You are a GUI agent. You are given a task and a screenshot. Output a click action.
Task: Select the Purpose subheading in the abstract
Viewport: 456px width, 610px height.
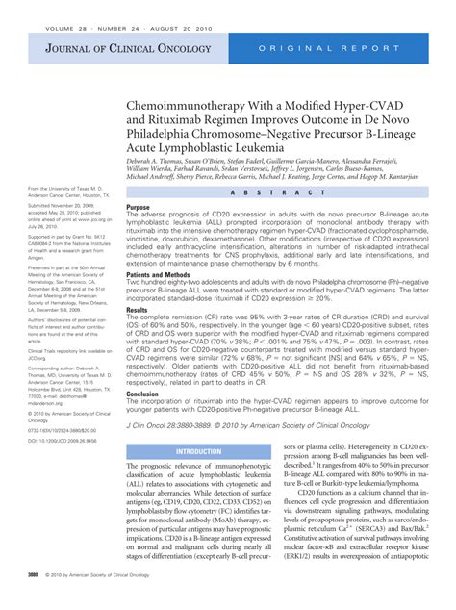pos(139,207)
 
